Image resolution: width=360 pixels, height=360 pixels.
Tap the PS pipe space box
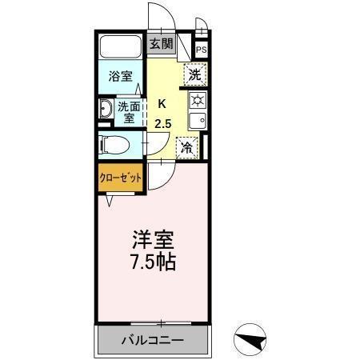point(201,49)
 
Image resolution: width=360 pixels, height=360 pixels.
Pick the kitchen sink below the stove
point(197,121)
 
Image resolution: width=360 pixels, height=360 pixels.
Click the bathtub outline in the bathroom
point(122,47)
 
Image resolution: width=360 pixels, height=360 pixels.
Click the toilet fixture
point(113,145)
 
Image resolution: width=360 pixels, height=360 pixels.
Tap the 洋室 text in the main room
point(153,240)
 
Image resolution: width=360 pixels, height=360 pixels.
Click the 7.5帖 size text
point(153,261)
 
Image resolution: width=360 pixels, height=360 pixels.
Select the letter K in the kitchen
point(162,102)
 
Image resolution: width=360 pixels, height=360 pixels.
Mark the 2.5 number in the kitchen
point(163,122)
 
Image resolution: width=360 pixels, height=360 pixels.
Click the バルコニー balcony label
point(152,341)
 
